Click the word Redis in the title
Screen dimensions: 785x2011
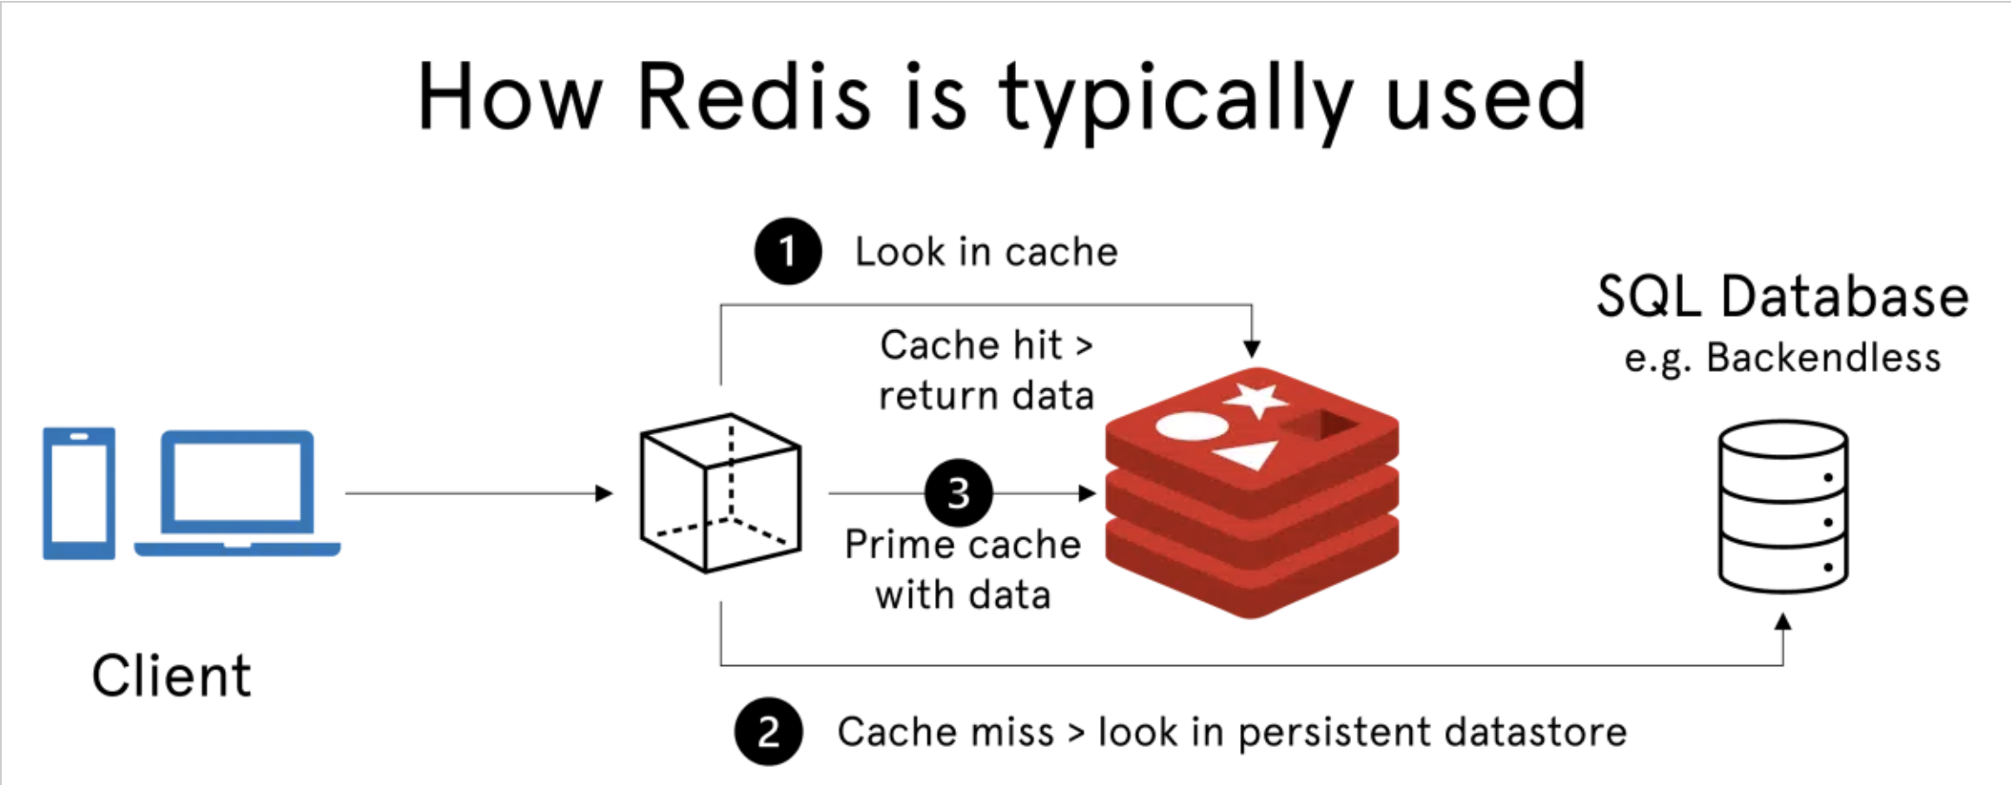tap(754, 97)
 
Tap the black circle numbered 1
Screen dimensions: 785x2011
tap(788, 251)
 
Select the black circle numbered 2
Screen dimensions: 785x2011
tap(768, 732)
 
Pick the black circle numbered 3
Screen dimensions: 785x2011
tap(959, 493)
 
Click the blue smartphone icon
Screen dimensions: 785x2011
tap(79, 492)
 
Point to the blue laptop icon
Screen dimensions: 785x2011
tap(237, 492)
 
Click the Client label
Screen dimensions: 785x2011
tap(171, 676)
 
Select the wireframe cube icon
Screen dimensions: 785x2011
tap(720, 492)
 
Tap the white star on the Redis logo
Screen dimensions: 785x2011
tap(1256, 399)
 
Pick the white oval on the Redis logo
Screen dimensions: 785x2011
tap(1191, 426)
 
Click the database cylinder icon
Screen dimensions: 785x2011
tap(1783, 506)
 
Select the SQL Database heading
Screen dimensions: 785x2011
tap(1782, 297)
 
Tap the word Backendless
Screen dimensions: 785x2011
tap(1823, 358)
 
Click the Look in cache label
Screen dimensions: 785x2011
tap(986, 252)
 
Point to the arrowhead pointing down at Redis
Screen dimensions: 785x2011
tap(1251, 349)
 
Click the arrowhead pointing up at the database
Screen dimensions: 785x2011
tap(1783, 622)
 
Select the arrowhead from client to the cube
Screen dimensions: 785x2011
tap(603, 493)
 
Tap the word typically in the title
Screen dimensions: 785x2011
tap(1175, 100)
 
